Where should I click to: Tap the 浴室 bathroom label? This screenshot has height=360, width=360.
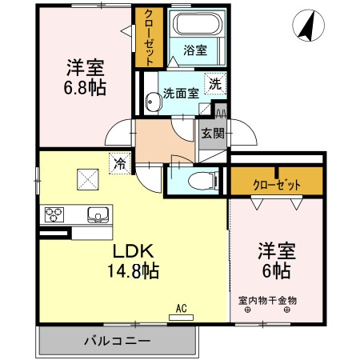point(194,50)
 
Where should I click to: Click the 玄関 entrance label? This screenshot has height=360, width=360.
point(212,134)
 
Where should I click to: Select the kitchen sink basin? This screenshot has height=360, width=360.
point(98,214)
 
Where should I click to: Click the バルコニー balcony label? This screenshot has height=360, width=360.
point(117,342)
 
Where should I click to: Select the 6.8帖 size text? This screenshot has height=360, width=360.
point(85,86)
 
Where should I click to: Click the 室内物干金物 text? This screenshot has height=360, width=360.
point(267,301)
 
